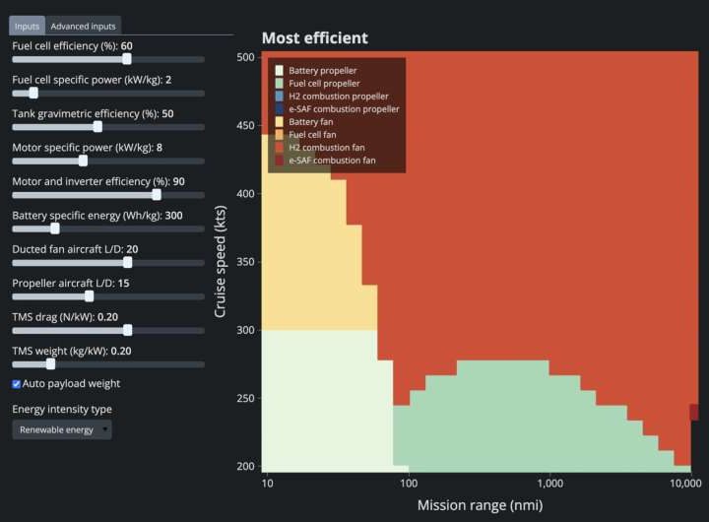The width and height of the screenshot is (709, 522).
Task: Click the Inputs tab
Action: click(x=27, y=27)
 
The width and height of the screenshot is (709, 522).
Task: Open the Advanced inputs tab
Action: click(x=84, y=27)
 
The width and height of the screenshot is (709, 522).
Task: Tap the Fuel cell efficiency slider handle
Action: click(x=126, y=59)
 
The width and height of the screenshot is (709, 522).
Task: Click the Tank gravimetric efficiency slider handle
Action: click(x=97, y=126)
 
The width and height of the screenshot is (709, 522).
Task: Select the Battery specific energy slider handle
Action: click(x=55, y=228)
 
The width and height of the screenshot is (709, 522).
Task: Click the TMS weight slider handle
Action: click(x=50, y=362)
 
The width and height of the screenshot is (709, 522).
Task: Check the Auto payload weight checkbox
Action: click(x=17, y=383)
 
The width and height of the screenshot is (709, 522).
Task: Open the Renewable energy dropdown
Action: click(x=61, y=429)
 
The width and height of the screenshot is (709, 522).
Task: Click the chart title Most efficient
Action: click(x=314, y=38)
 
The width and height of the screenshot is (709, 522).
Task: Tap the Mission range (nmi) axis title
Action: click(x=479, y=505)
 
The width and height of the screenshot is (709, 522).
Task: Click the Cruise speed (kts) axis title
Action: click(x=221, y=261)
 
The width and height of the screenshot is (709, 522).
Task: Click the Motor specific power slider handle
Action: click(x=83, y=161)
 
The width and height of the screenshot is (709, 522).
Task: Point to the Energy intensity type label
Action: click(x=62, y=409)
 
